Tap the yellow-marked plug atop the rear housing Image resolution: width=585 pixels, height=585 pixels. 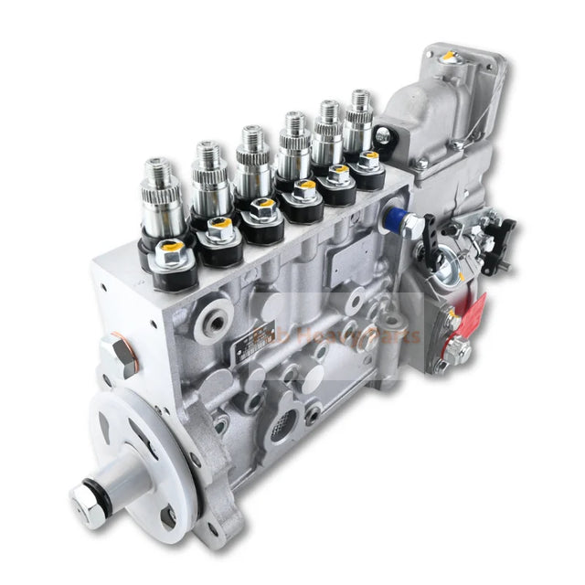click(450, 57)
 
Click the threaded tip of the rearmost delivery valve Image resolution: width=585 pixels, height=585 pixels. click(359, 96)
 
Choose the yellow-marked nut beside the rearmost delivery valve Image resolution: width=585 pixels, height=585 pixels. click(370, 157)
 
